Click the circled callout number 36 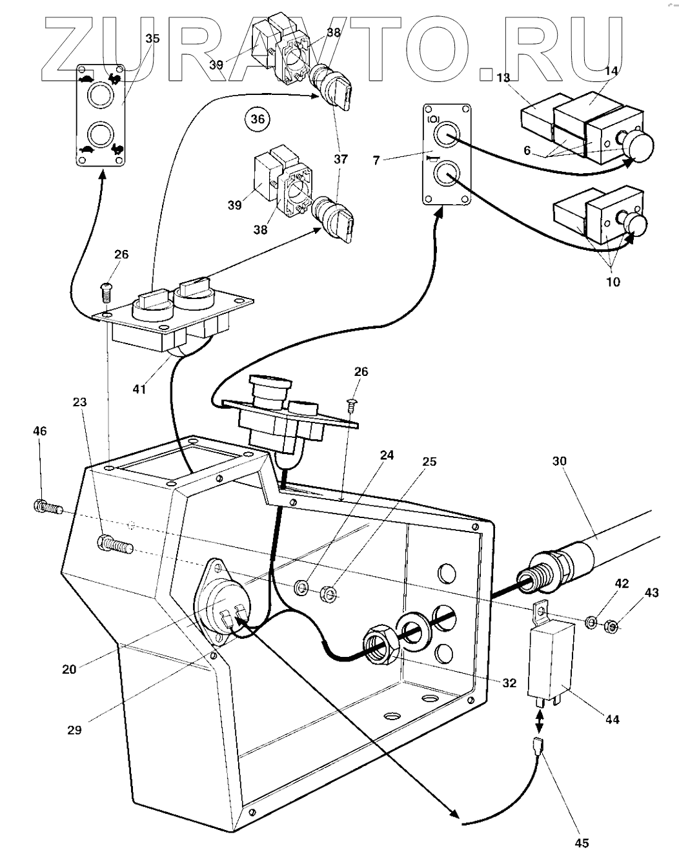258,119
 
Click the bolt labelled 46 47,507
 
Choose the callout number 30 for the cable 560,461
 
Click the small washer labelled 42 591,623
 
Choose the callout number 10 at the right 613,282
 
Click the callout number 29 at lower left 74,730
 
